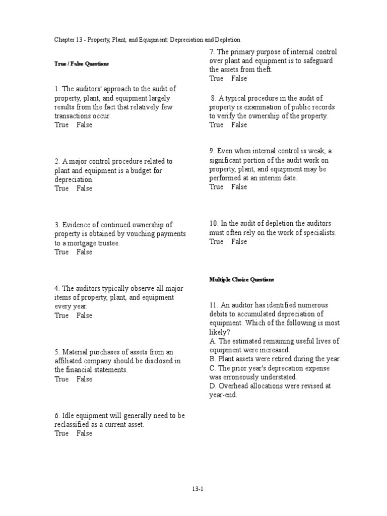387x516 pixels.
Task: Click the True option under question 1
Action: (61, 125)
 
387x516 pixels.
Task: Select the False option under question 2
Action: (85, 188)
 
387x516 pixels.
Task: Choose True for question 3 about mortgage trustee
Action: (61, 252)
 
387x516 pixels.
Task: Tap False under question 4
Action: (85, 315)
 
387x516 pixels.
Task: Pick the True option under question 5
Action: (61, 379)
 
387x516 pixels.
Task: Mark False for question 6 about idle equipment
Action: (85, 433)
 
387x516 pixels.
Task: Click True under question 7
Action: (217, 79)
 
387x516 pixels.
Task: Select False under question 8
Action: (239, 125)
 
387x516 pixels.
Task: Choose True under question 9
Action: (217, 187)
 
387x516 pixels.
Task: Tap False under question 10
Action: (239, 241)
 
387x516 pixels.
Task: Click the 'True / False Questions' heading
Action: (82, 64)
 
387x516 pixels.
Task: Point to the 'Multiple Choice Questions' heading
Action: (241, 279)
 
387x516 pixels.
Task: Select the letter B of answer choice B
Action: (212, 359)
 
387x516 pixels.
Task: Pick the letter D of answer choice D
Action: (212, 386)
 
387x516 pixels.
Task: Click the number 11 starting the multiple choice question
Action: (213, 305)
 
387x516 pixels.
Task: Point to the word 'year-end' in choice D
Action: (223, 395)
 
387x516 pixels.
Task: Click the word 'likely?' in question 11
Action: (219, 332)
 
